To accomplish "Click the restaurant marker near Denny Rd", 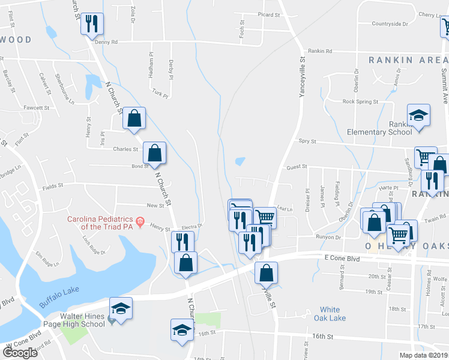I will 92,24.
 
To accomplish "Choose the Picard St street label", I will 269,15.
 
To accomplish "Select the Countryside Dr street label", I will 390,24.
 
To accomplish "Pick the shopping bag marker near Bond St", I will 155,153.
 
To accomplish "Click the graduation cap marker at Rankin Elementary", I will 418,115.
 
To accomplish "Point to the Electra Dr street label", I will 193,226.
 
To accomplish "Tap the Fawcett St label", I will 36,108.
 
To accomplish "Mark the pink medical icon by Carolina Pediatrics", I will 140,222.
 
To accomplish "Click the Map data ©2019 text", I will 423,355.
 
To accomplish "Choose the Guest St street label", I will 297,167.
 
